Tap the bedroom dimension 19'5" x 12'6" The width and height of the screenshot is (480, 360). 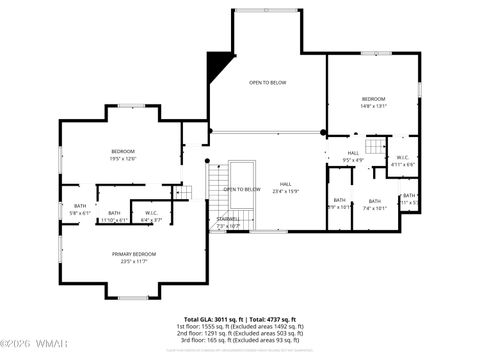[x=123, y=157]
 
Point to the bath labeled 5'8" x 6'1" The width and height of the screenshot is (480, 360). [x=80, y=213]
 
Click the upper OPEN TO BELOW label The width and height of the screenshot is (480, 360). [x=268, y=83]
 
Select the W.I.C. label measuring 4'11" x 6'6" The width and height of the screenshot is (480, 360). [x=401, y=162]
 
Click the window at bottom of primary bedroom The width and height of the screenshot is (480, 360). [x=132, y=297]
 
